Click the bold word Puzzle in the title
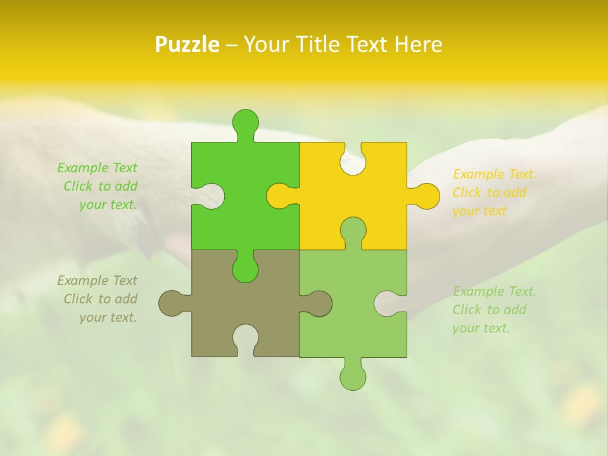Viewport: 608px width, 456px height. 187,44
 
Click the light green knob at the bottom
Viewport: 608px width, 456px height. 353,376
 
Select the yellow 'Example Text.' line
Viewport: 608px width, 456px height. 495,174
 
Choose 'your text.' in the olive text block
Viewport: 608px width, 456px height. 108,317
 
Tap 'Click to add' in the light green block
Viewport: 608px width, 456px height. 489,310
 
